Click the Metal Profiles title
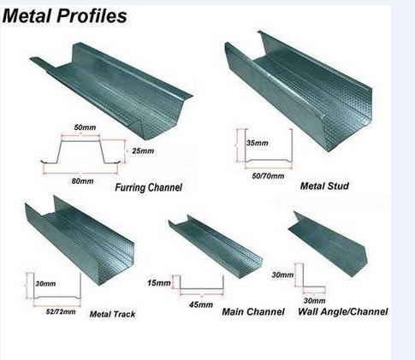64,15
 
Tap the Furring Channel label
148,187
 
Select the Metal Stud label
324,186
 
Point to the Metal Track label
112,314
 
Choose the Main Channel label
253,311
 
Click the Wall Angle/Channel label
343,311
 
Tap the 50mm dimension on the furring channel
85,127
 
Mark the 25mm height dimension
143,150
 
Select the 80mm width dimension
83,181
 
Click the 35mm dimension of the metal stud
258,143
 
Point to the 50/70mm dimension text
268,176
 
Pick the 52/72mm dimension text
61,311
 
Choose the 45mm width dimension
201,304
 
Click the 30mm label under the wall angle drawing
314,301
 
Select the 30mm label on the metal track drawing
45,284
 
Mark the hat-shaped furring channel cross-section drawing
80,139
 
